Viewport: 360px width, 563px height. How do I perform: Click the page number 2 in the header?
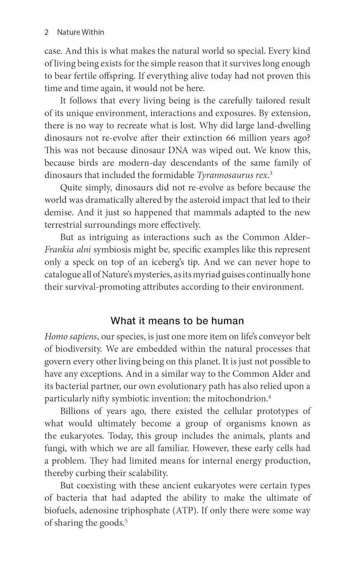pos(46,32)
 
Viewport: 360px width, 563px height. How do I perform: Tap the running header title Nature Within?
pos(81,32)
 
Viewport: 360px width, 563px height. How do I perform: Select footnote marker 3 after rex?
pos(271,173)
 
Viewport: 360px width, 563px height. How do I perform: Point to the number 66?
pos(232,138)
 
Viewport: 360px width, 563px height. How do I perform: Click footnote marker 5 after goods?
pos(126,521)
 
